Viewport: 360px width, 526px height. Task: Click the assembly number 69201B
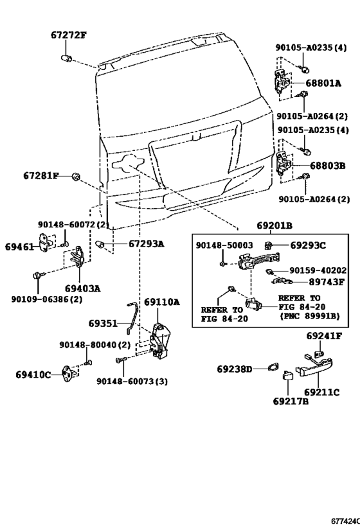[274, 226]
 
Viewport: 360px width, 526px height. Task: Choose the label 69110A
[161, 302]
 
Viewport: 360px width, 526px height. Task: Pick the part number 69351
[104, 324]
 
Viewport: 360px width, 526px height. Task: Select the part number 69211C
[322, 392]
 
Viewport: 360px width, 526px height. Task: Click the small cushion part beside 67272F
[66, 58]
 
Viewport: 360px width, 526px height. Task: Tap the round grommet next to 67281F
[75, 176]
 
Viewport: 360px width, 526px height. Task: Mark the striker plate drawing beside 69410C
[69, 373]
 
